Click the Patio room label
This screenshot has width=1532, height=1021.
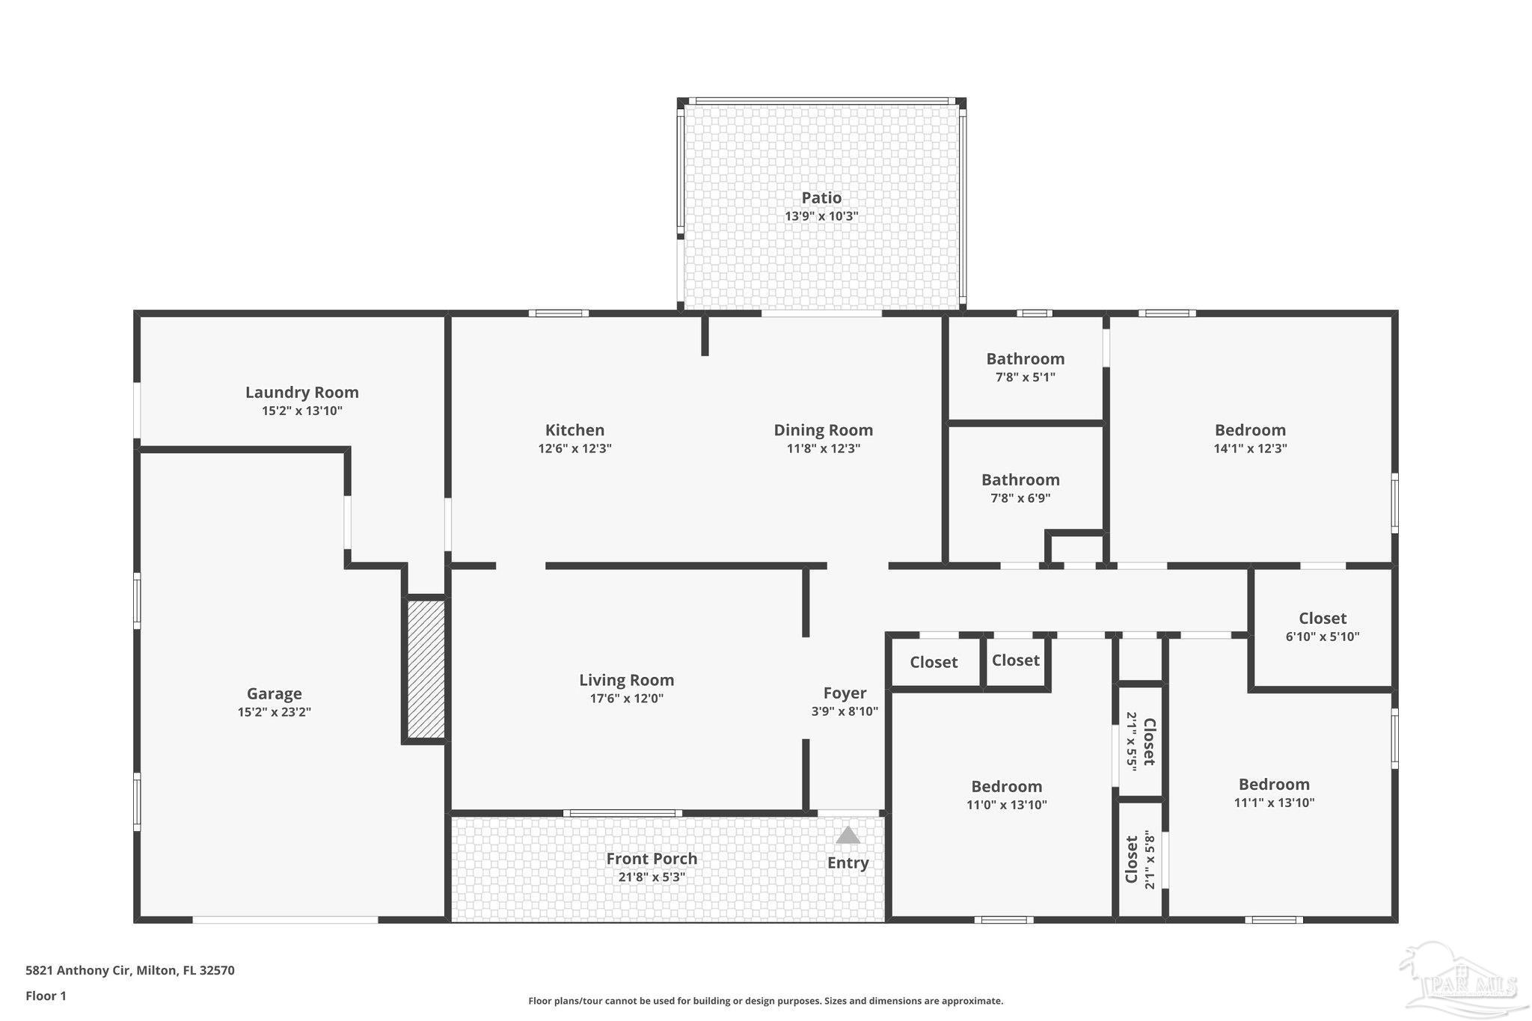pos(821,197)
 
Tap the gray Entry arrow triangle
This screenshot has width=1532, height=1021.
pos(848,835)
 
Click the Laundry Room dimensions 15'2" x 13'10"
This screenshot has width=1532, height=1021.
pos(302,411)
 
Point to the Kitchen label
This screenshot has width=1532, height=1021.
pos(574,430)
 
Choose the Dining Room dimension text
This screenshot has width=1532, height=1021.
pos(823,449)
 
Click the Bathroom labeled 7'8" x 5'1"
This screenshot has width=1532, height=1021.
pos(1025,359)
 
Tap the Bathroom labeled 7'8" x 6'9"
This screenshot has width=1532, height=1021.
pos(1020,480)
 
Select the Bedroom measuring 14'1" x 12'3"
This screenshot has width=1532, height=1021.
pos(1250,430)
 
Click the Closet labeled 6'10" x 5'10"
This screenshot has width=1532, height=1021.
pos(1323,619)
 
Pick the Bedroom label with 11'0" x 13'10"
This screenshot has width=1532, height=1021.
pos(1006,786)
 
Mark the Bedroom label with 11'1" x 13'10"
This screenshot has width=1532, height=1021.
pos(1274,784)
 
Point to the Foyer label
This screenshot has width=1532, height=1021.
pos(845,693)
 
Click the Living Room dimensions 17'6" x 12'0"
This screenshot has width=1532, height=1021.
pos(626,699)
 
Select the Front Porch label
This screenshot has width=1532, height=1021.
pos(652,859)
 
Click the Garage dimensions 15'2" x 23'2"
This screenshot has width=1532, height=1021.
pos(274,712)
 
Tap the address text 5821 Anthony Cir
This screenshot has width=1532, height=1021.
pos(79,971)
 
